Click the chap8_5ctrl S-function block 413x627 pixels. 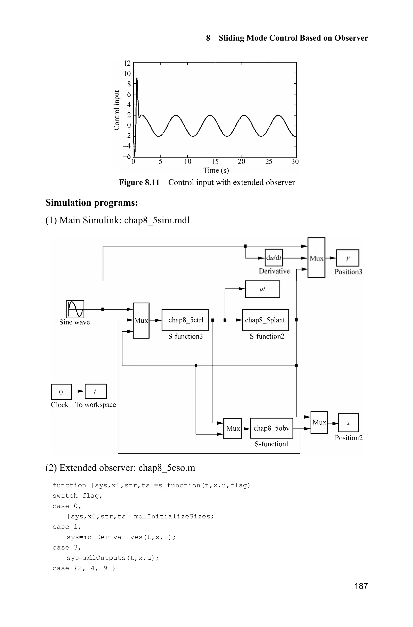185,320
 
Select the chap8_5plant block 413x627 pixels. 265,320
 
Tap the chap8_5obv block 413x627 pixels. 271,428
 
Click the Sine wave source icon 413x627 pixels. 75,309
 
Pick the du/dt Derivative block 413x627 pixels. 274,257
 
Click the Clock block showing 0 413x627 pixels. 61,392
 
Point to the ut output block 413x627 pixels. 262,289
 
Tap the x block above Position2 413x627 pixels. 348,423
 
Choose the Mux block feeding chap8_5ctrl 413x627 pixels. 141,320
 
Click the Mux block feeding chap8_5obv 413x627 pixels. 232,428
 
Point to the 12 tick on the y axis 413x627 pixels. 127,63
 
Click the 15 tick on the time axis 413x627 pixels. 215,162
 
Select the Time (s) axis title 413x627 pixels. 216,171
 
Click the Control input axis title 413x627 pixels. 116,110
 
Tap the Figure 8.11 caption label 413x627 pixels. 139,182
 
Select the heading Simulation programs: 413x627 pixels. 92,202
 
